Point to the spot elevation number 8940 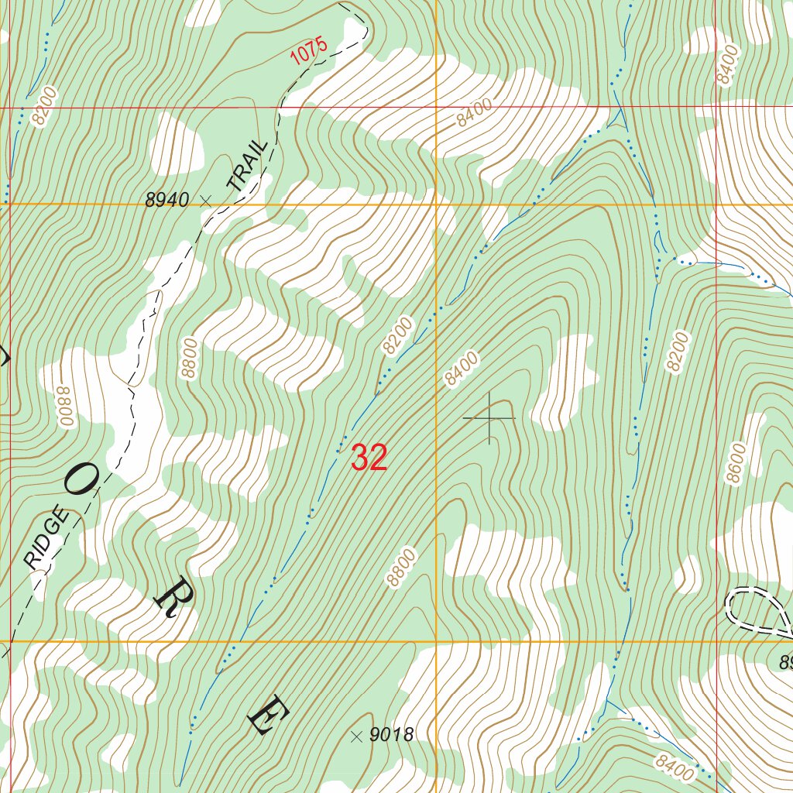coord(166,200)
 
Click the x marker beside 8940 coord(205,200)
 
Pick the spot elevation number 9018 coord(391,735)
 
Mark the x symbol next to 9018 coord(356,735)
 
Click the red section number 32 coord(369,458)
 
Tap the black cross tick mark coord(489,418)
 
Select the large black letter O coord(81,482)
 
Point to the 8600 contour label coord(735,463)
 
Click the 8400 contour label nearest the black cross coord(462,368)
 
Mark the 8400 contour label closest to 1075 coord(474,114)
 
